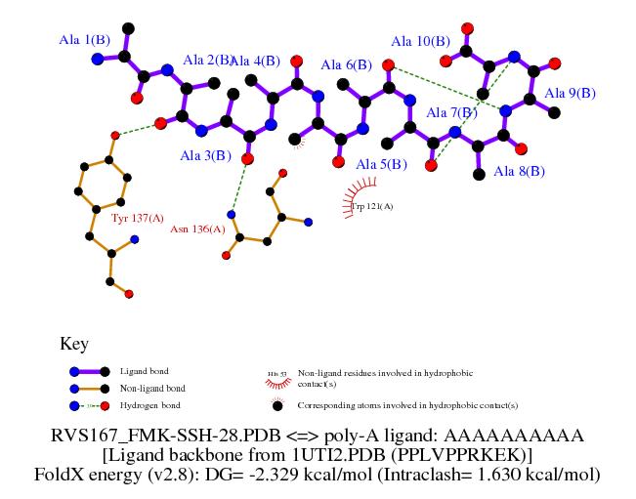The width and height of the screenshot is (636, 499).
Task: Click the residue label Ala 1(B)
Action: pos(84,40)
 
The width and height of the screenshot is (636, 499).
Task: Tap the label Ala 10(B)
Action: pos(421,41)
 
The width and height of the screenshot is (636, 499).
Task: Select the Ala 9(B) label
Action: pos(570,93)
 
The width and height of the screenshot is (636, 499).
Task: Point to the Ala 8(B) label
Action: pos(520,171)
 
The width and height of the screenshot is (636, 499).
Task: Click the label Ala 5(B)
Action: pos(381,164)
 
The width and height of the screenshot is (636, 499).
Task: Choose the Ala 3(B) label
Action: pos(205,155)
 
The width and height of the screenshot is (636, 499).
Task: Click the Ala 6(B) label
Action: pos(347,64)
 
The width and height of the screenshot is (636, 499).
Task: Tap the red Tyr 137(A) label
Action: pos(136,218)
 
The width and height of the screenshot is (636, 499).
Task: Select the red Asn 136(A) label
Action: pos(197,229)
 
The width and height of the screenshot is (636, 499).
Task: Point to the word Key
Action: pos(74,344)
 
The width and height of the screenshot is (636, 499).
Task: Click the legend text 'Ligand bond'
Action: pos(144,372)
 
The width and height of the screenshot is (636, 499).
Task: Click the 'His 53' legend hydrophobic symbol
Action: pos(276,374)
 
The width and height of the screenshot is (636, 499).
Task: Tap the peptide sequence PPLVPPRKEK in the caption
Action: pos(447,454)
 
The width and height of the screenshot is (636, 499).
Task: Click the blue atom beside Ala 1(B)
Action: pos(97,60)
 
